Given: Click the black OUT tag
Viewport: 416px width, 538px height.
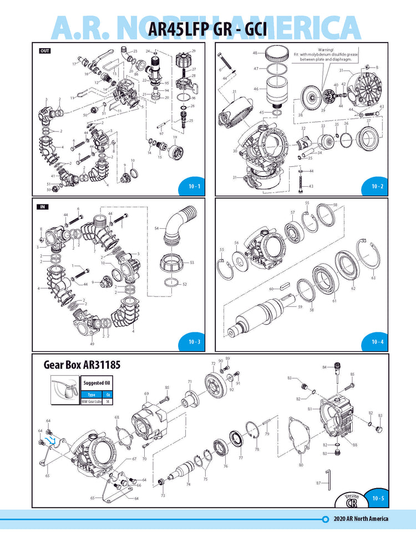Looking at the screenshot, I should coord(44,50).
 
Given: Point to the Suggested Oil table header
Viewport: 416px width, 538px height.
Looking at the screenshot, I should coord(95,383).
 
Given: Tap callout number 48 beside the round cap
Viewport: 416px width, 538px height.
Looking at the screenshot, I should coord(256,53).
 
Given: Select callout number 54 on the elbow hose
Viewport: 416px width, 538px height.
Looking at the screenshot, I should coord(157,228).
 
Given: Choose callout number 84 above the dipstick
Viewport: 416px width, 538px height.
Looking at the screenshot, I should coord(324,367).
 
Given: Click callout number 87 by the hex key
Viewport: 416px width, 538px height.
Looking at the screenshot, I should coord(318,484).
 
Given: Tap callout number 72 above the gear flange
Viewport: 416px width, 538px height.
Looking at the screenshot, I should coord(212,363).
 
